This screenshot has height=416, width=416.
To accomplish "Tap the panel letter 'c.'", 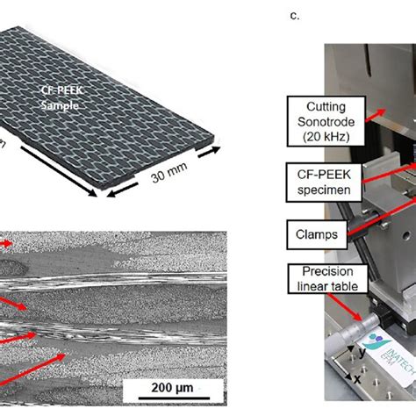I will click(x=293, y=15).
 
